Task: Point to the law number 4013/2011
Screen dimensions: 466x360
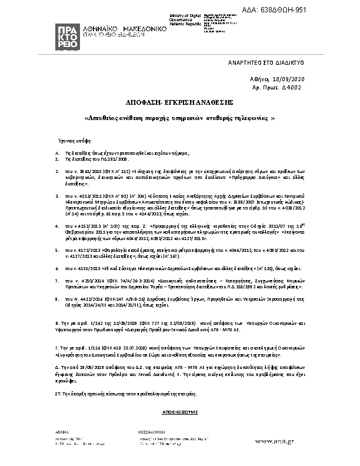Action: pyautogui.click(x=83, y=194)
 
